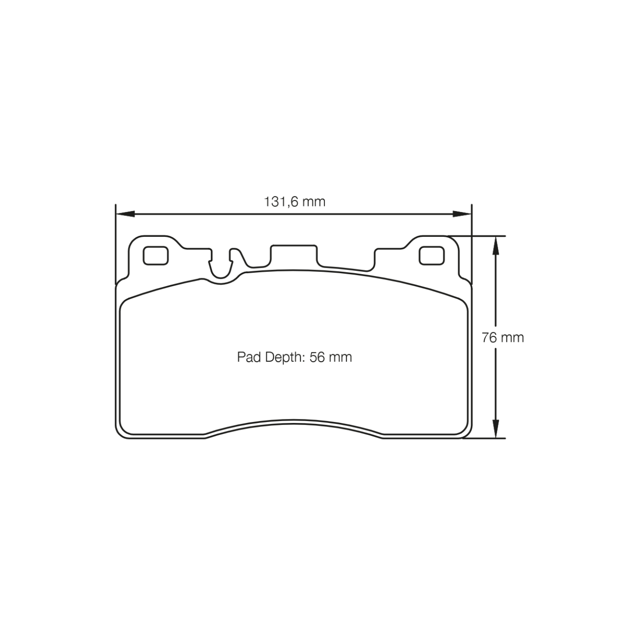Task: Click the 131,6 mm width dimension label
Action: (294, 202)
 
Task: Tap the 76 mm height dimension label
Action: (503, 338)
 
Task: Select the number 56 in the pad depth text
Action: (317, 357)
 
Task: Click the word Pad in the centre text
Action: (249, 357)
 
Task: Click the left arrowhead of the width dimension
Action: (124, 214)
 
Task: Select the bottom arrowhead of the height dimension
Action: (495, 429)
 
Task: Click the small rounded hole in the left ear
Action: (155, 256)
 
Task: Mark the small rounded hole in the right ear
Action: (431, 256)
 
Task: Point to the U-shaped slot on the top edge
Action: (222, 267)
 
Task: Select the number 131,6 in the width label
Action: (280, 202)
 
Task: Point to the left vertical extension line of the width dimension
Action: (115, 244)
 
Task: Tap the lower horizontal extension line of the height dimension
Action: (484, 438)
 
